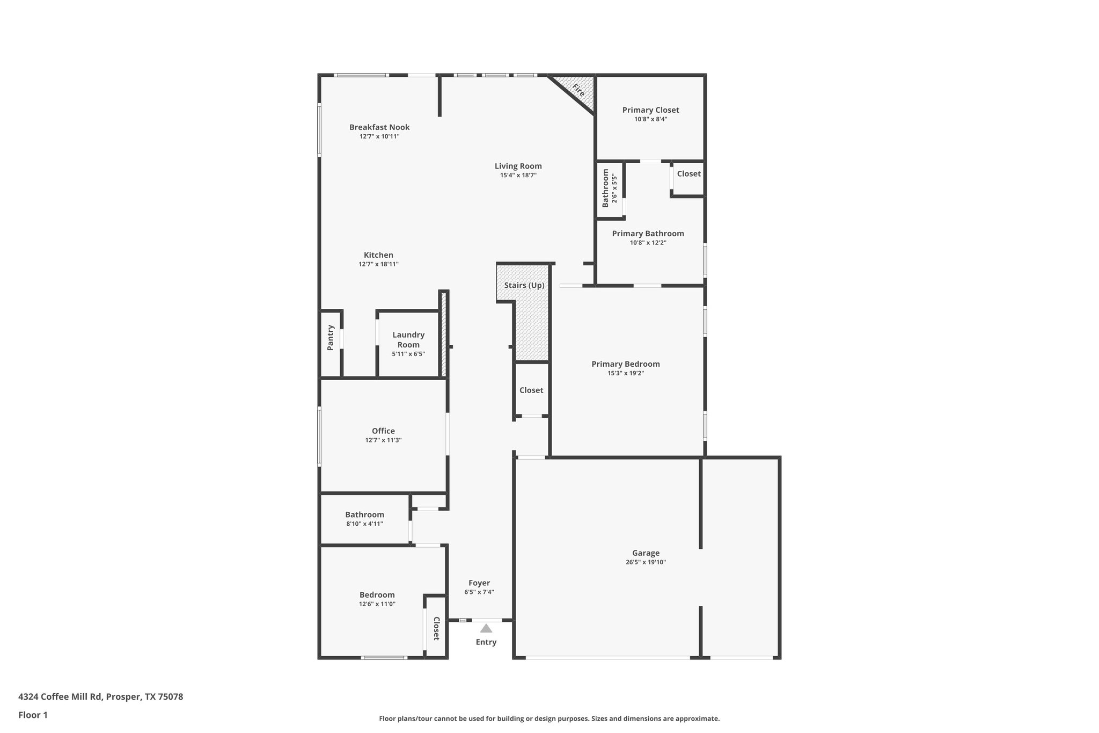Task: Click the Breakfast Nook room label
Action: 379,127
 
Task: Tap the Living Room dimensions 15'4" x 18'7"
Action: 518,175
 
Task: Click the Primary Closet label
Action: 650,110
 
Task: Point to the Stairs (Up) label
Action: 524,285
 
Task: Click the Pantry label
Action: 331,337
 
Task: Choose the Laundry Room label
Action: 408,339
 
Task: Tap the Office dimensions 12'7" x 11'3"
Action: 383,440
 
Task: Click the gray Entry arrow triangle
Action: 486,628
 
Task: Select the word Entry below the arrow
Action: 486,642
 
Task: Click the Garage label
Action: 646,553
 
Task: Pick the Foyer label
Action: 479,583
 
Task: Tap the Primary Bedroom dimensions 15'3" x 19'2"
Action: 626,373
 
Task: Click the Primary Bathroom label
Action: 648,234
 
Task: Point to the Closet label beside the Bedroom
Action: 436,628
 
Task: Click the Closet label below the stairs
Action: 531,390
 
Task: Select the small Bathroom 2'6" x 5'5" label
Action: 606,188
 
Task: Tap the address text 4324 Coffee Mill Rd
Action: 60,696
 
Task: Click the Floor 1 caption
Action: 33,715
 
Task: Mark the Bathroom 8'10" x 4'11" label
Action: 364,514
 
